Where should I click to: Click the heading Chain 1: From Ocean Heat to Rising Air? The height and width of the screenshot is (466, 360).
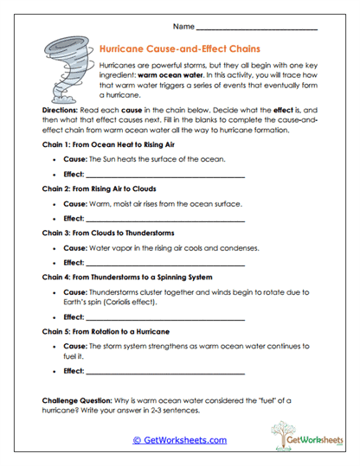(x=109, y=144)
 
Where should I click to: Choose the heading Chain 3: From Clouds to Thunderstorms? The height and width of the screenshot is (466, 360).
(x=110, y=233)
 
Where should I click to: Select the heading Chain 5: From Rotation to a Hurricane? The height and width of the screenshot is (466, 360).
(x=106, y=331)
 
